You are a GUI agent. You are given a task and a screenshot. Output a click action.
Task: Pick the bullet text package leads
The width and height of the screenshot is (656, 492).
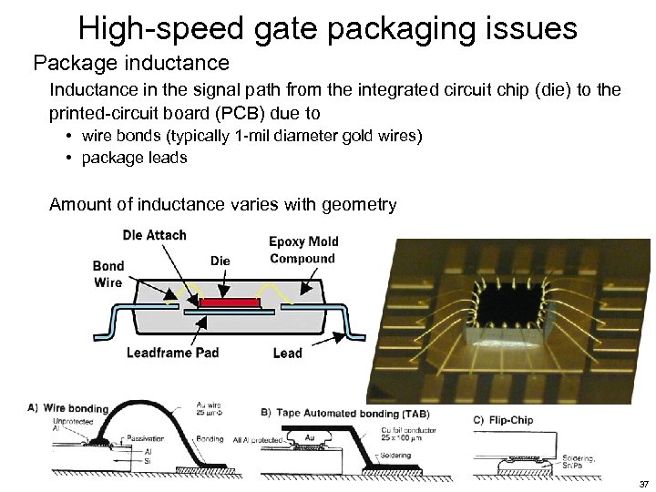point(134,158)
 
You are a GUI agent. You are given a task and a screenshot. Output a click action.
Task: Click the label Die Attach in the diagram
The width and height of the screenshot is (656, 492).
point(154,235)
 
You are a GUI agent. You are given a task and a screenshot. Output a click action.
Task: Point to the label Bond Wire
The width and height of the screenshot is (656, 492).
point(108,274)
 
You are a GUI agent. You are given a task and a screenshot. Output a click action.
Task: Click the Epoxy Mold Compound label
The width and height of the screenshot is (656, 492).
point(303,250)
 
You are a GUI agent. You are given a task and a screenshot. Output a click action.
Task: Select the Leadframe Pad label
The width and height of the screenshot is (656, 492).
point(172,353)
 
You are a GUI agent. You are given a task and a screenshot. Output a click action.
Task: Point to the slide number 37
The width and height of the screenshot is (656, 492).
point(643,484)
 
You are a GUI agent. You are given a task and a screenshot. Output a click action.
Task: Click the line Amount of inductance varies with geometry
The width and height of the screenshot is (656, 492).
point(223,204)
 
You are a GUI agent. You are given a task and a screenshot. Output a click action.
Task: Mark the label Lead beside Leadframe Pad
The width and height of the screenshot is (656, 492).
point(288,354)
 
